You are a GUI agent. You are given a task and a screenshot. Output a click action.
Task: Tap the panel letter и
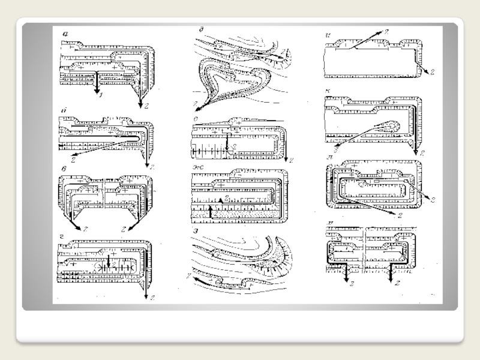click(325, 35)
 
